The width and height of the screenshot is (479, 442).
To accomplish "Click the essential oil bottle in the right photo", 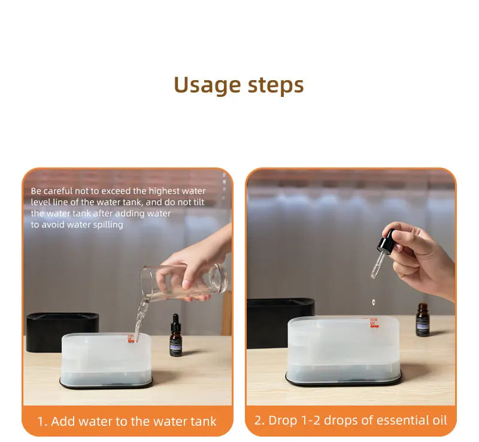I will coord(423,320).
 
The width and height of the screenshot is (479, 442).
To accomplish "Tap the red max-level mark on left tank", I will coord(131,339).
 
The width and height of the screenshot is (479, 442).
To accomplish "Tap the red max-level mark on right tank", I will coord(374,324).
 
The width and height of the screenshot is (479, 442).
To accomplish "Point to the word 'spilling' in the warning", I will coord(108,225).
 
